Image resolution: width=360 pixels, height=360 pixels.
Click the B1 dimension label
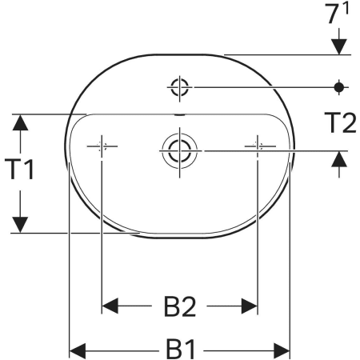click(180, 350)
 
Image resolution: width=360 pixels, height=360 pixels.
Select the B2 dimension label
click(180, 306)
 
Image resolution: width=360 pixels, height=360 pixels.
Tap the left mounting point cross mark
click(102, 146)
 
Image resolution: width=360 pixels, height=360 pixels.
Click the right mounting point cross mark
click(257, 146)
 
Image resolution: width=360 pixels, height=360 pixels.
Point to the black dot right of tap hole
click(340, 86)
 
